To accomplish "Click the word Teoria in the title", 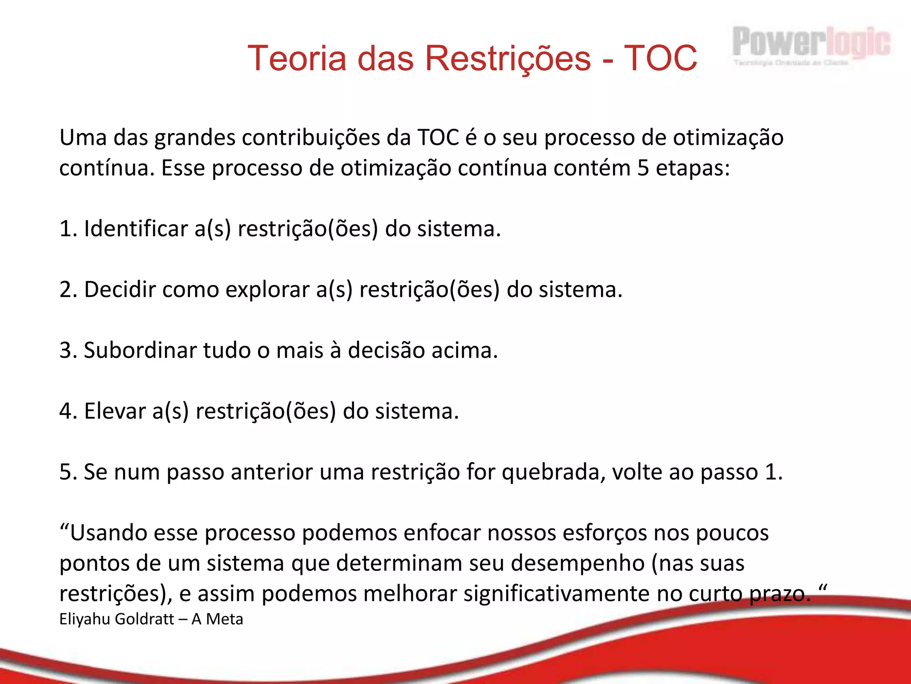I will [x=296, y=58].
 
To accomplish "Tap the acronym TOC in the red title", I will [x=660, y=58].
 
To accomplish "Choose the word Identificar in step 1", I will [x=136, y=229].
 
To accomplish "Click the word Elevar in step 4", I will [x=115, y=411].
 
